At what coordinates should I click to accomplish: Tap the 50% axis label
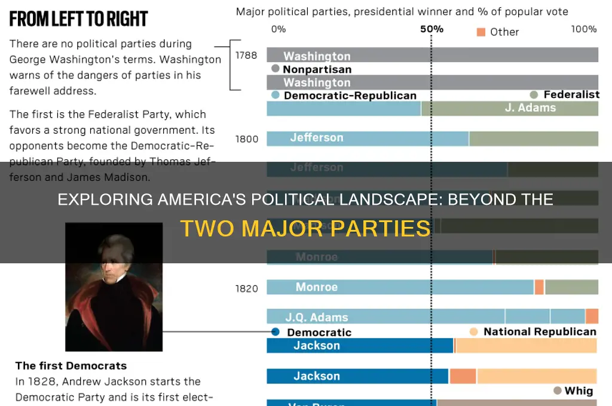[x=432, y=29]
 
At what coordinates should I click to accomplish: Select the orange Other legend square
[x=481, y=32]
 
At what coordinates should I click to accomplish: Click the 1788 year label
[x=246, y=56]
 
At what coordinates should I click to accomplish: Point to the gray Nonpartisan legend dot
[x=275, y=69]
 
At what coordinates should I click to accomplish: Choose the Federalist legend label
[x=571, y=94]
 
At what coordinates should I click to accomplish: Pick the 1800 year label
[x=246, y=139]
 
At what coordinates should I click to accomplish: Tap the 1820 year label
[x=246, y=288]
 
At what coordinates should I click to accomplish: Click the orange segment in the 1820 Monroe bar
[x=539, y=287]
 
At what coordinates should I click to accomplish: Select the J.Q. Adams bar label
[x=316, y=317]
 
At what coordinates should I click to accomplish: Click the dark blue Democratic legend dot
[x=275, y=332]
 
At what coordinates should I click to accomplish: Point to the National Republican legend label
[x=540, y=331]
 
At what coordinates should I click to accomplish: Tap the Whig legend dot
[x=558, y=390]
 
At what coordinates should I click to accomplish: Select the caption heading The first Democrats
[x=71, y=366]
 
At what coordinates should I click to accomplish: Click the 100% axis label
[x=584, y=29]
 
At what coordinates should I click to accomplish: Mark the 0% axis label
[x=279, y=29]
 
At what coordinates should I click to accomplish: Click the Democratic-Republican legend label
[x=350, y=96]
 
